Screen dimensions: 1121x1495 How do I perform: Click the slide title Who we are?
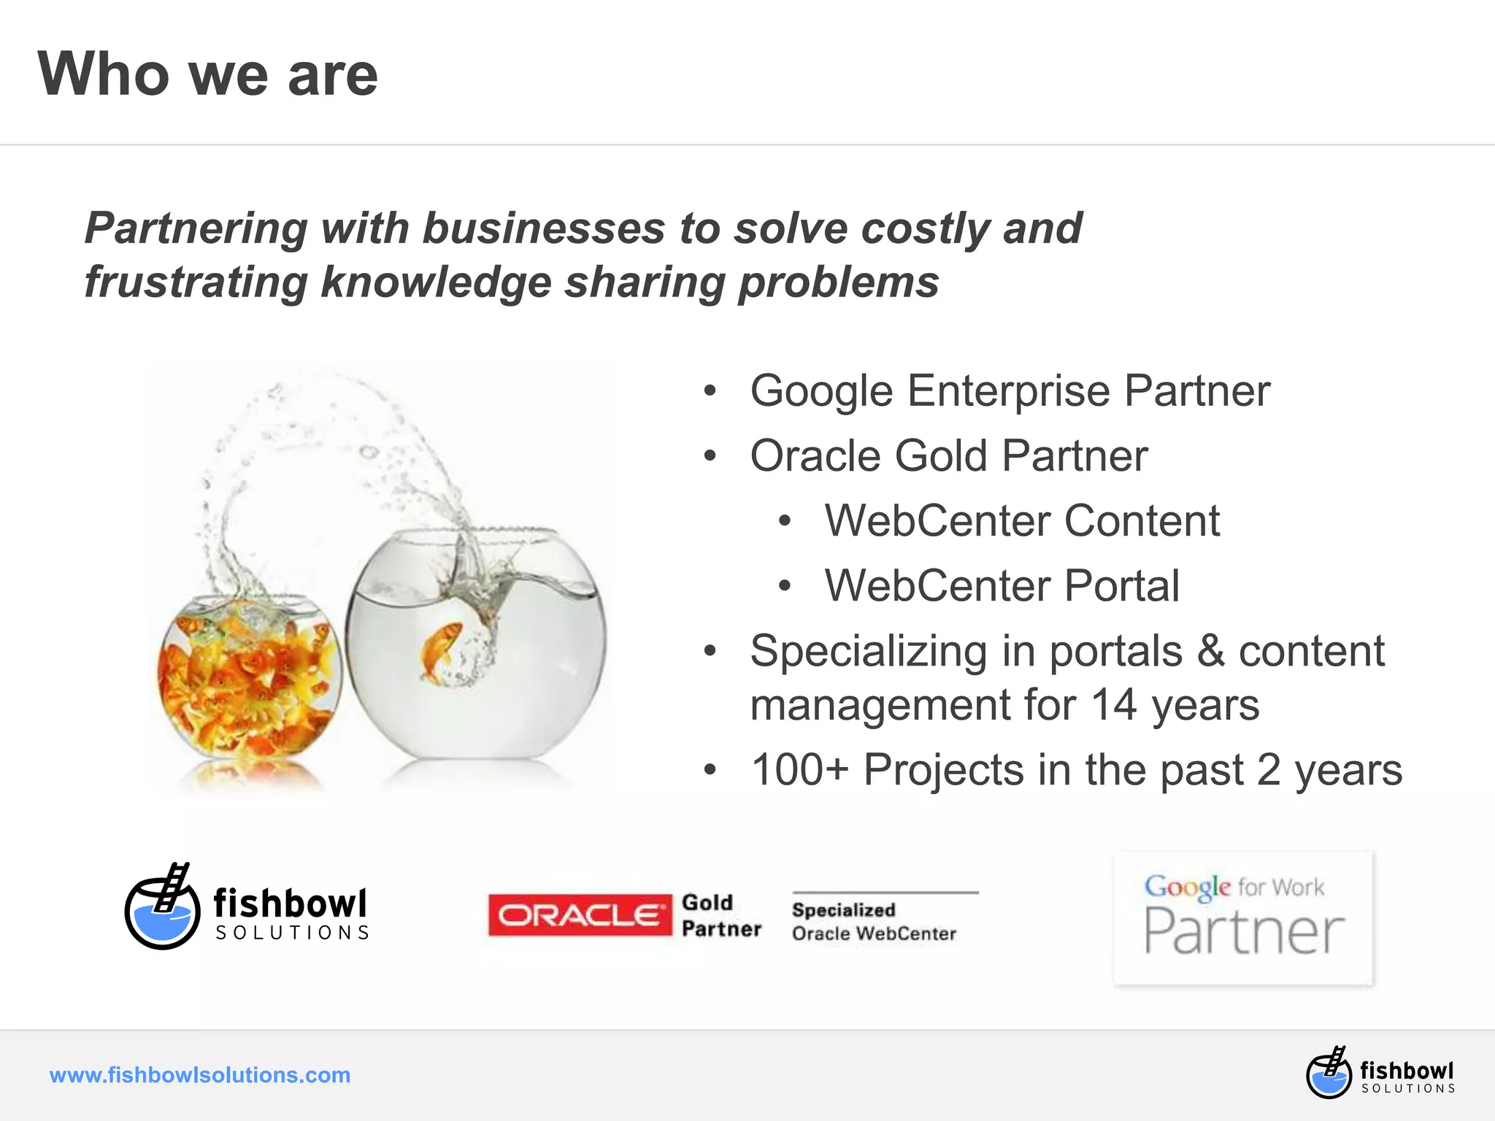coord(208,74)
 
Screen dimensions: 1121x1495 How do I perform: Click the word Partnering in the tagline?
coord(196,228)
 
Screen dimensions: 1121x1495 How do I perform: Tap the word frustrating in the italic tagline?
coord(196,282)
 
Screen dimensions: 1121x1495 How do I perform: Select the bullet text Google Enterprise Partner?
coord(1010,391)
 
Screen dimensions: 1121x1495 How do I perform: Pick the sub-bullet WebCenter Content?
coord(1021,521)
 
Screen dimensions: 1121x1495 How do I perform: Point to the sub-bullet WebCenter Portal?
coord(1002,586)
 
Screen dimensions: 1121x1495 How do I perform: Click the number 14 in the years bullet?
coord(1113,706)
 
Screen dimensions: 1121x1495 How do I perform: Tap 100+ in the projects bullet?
coord(799,771)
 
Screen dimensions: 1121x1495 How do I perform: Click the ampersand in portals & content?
coord(1210,651)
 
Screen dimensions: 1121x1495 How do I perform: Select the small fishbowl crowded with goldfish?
coord(248,679)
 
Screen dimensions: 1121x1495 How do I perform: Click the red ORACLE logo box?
coord(580,914)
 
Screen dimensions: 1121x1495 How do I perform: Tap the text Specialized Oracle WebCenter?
coord(874,921)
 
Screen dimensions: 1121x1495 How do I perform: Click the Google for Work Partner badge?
coord(1243,918)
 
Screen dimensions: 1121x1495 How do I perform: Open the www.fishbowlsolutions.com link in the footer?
coord(200,1075)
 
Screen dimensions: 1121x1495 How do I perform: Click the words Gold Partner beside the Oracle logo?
coord(720,916)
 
